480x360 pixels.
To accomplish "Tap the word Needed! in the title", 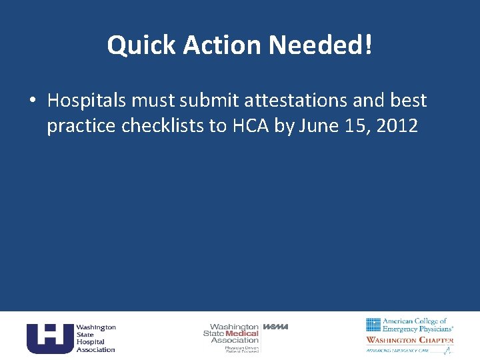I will tap(320, 45).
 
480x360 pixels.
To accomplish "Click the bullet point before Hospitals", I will tap(32, 101).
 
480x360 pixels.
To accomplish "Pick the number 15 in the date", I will tap(354, 126).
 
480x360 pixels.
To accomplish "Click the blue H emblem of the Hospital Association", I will tap(49, 337).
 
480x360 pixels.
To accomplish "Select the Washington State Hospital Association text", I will tap(95, 338).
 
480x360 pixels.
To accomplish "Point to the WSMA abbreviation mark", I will tap(275, 327).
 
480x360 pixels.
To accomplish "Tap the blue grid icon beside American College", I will tap(373, 325).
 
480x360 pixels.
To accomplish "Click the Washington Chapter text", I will tap(409, 340).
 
